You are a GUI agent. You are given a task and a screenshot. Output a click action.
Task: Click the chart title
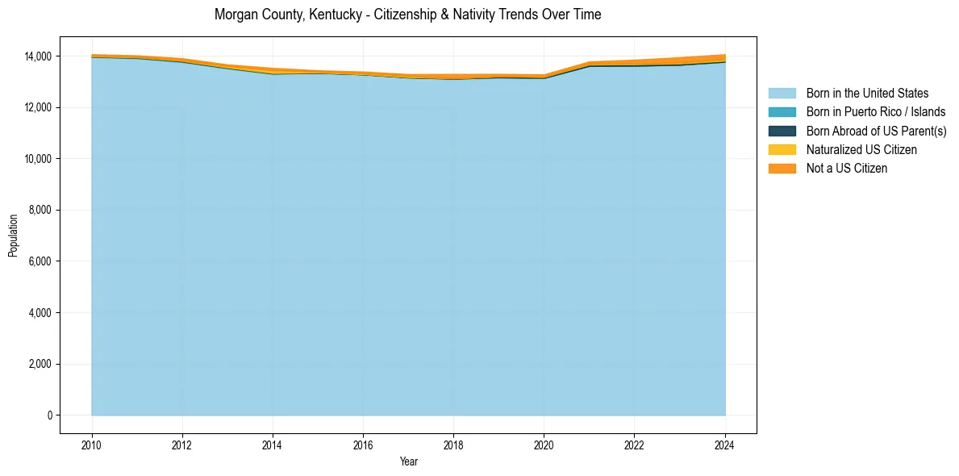pos(407,15)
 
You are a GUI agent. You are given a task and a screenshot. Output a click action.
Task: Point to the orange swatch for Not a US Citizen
pos(782,169)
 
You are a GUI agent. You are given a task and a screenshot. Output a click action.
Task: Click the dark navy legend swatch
pos(782,131)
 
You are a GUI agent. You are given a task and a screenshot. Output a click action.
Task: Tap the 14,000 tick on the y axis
pos(37,56)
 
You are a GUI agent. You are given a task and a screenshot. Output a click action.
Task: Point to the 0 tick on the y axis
pos(49,415)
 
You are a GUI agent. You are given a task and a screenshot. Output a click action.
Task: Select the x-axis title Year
pos(408,461)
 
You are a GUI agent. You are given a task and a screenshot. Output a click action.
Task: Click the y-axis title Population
pos(13,236)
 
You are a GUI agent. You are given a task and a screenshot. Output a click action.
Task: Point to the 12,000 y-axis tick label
pos(37,108)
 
